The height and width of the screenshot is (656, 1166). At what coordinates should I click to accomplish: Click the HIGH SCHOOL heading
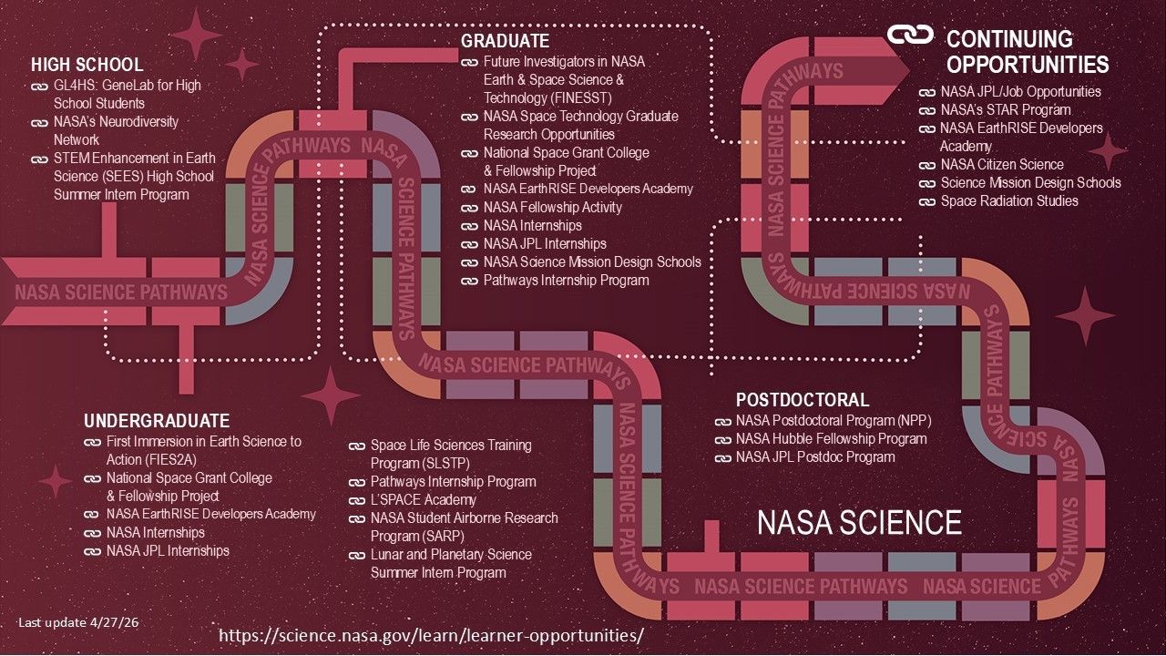pos(87,65)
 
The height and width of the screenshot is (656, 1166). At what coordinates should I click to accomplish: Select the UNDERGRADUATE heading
pos(157,421)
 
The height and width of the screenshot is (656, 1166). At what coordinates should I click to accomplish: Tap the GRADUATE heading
pos(505,41)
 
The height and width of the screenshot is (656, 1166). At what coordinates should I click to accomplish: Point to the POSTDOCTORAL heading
pos(802,400)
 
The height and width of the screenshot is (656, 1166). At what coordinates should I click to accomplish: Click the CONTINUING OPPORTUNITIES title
pos(1027,52)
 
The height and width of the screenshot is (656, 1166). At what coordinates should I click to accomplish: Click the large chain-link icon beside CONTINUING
pos(911,36)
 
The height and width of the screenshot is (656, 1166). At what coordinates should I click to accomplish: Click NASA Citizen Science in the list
pos(1002,165)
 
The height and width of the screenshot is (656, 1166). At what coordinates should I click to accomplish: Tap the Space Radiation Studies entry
pos(1009,201)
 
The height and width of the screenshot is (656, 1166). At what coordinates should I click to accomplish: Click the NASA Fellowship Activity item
pos(552,208)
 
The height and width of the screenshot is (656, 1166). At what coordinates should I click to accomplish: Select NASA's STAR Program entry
pos(993,110)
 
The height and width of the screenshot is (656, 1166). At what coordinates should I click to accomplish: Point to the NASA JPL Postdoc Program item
pos(815,457)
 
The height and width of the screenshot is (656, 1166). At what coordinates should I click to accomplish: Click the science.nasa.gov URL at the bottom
pos(431,634)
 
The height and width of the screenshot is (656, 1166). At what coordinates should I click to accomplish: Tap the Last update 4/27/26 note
pos(79,622)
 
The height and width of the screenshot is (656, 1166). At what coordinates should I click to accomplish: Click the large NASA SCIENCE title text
pos(859,523)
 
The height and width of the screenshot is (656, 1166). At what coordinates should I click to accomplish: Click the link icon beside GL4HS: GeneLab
pos(38,86)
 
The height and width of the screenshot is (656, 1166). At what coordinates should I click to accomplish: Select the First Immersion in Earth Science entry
pos(203,450)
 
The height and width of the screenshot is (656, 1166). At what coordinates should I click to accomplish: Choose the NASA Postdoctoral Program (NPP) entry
pos(834,421)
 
